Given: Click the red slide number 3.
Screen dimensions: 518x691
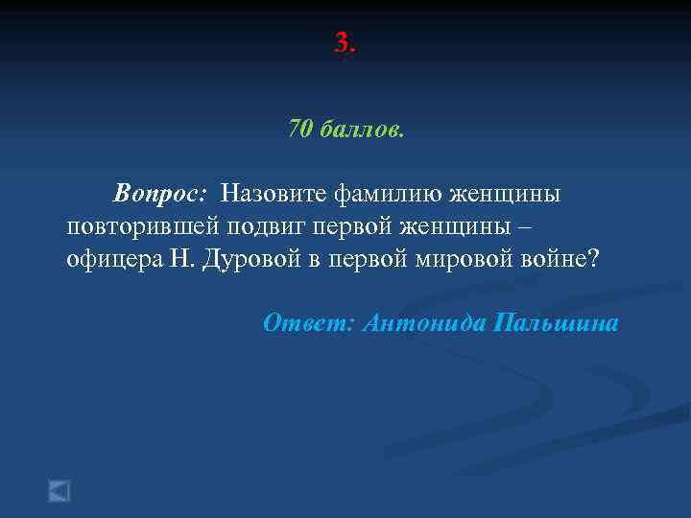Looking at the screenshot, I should tap(345, 43).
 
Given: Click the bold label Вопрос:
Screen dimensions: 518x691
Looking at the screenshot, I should tap(158, 193).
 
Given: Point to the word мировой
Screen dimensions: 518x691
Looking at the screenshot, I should tap(456, 260).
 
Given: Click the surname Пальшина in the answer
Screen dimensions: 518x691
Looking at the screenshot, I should tap(555, 323).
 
